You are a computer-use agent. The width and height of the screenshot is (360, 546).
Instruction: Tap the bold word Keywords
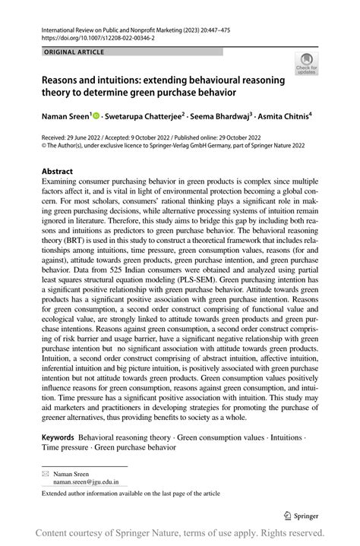[58, 438]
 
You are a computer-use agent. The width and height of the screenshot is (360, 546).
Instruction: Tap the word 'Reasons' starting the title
[65, 80]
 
